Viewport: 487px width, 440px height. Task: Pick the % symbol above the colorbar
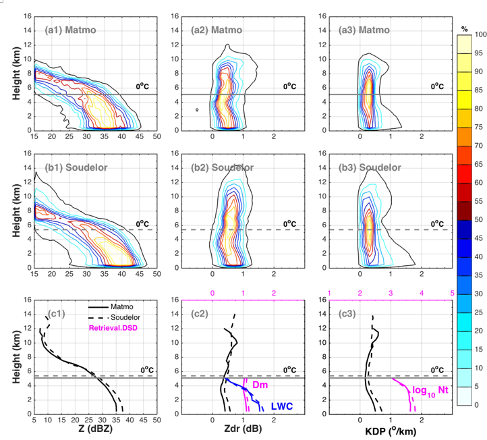tap(465, 20)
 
